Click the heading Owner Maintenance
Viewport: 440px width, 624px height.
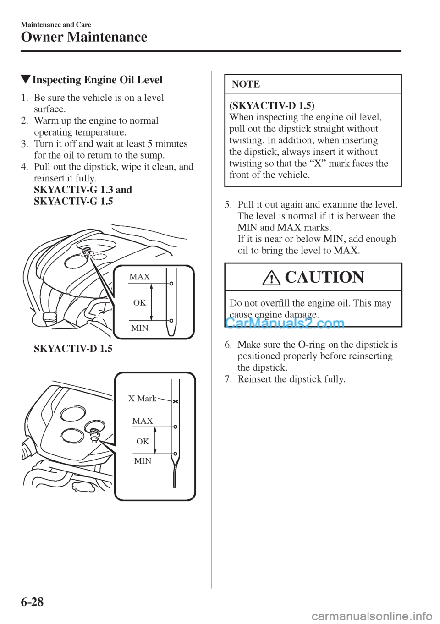84,37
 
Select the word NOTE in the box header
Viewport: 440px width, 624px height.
246,84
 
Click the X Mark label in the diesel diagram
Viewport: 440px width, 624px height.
142,399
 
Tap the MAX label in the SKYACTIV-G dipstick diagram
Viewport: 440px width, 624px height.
139,277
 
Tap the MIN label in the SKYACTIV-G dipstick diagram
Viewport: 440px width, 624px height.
139,328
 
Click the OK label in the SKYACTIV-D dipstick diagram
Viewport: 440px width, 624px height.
143,441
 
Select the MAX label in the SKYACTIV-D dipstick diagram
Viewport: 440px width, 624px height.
143,421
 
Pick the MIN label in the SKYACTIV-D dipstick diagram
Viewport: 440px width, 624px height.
143,461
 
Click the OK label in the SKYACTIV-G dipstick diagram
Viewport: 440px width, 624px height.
139,302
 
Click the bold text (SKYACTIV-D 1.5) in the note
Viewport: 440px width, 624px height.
271,106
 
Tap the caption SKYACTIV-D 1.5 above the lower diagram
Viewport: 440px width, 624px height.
73,349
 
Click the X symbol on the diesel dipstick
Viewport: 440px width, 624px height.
175,401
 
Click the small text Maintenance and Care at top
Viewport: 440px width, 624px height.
56,24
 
